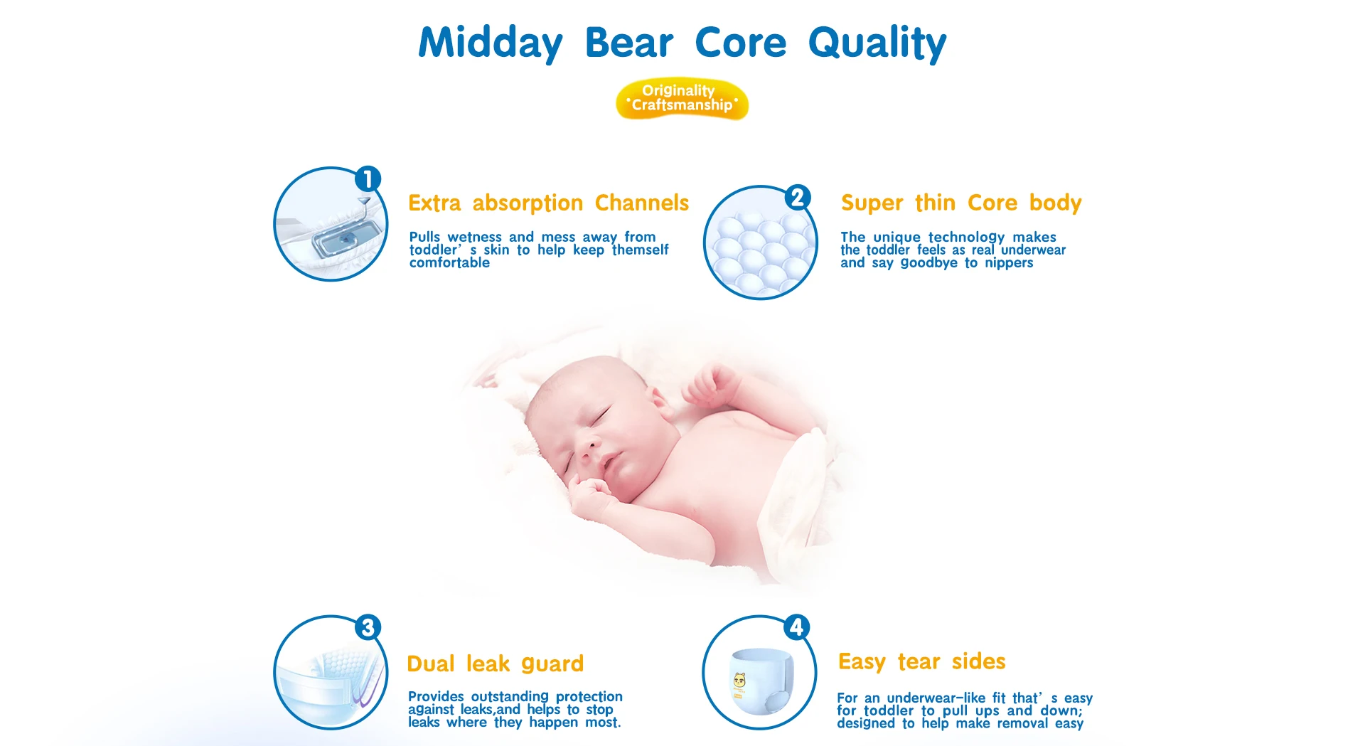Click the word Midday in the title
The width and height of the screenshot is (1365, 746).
(x=490, y=43)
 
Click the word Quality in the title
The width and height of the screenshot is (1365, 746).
(x=877, y=43)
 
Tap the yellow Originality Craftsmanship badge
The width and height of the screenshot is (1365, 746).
(x=682, y=99)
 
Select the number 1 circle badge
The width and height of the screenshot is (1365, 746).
(x=368, y=179)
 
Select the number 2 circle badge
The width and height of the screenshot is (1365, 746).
(x=798, y=197)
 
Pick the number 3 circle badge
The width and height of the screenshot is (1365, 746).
(x=368, y=627)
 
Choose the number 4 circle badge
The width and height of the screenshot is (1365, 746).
(x=797, y=627)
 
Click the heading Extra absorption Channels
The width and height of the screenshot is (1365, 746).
(x=548, y=203)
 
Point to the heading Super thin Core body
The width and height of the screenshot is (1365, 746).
(x=961, y=203)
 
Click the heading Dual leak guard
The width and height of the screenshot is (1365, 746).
(x=495, y=664)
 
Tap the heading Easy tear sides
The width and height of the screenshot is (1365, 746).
(x=921, y=662)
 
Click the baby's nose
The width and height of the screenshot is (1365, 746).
(x=587, y=448)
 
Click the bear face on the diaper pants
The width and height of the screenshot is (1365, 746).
(x=739, y=681)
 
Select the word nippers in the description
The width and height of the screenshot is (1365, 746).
(x=1009, y=263)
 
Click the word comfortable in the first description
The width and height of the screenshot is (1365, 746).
(x=449, y=263)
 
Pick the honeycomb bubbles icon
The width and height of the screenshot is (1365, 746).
(x=760, y=243)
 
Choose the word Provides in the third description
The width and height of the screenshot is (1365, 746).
(x=436, y=697)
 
